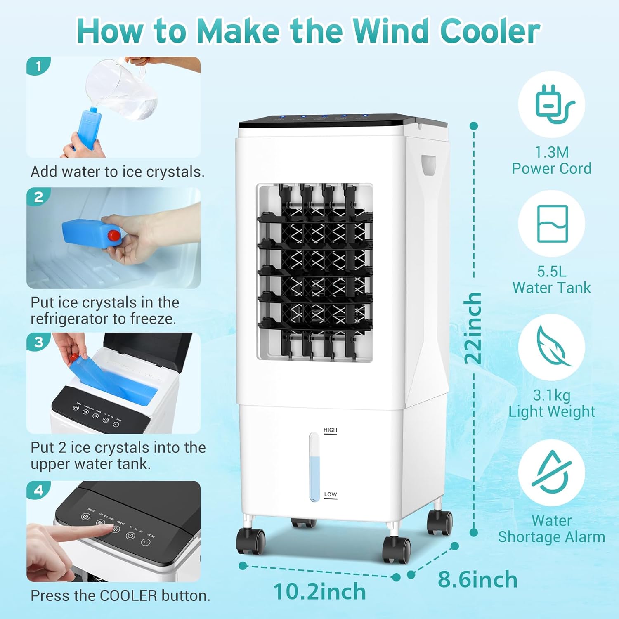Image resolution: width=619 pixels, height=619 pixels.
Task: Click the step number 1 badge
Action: (38, 66)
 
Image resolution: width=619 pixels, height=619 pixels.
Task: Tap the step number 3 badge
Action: (38, 342)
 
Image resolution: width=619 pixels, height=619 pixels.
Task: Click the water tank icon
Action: (552, 224)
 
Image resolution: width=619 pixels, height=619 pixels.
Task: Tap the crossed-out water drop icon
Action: (552, 472)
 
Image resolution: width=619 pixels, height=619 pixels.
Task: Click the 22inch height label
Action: (473, 328)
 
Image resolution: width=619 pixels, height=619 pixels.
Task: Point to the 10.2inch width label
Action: (319, 591)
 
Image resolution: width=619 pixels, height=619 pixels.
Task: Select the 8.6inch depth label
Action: (477, 579)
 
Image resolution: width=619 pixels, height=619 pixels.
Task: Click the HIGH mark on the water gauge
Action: (330, 430)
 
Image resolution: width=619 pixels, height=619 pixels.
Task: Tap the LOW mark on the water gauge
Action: (330, 494)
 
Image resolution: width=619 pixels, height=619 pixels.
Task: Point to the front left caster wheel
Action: (250, 541)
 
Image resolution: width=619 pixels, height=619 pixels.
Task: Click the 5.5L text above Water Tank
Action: (552, 272)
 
